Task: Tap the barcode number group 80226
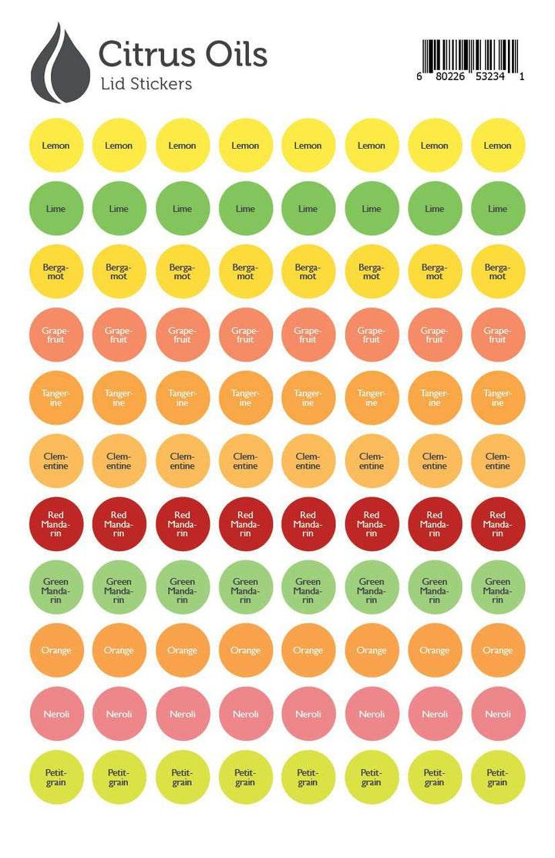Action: pos(451,77)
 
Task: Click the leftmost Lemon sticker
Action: pos(55,145)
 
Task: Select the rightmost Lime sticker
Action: pos(497,208)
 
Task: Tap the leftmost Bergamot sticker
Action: pos(55,271)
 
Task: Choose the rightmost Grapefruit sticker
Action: pos(497,335)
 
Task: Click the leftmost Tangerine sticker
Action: pos(55,398)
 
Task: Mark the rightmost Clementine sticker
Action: pos(497,461)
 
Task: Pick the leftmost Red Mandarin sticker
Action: pos(55,524)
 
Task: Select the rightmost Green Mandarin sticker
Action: pos(497,587)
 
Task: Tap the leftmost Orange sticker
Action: pos(55,651)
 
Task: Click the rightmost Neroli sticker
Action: pos(497,714)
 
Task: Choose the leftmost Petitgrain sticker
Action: pos(55,777)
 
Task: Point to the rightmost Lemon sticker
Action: pos(497,145)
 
